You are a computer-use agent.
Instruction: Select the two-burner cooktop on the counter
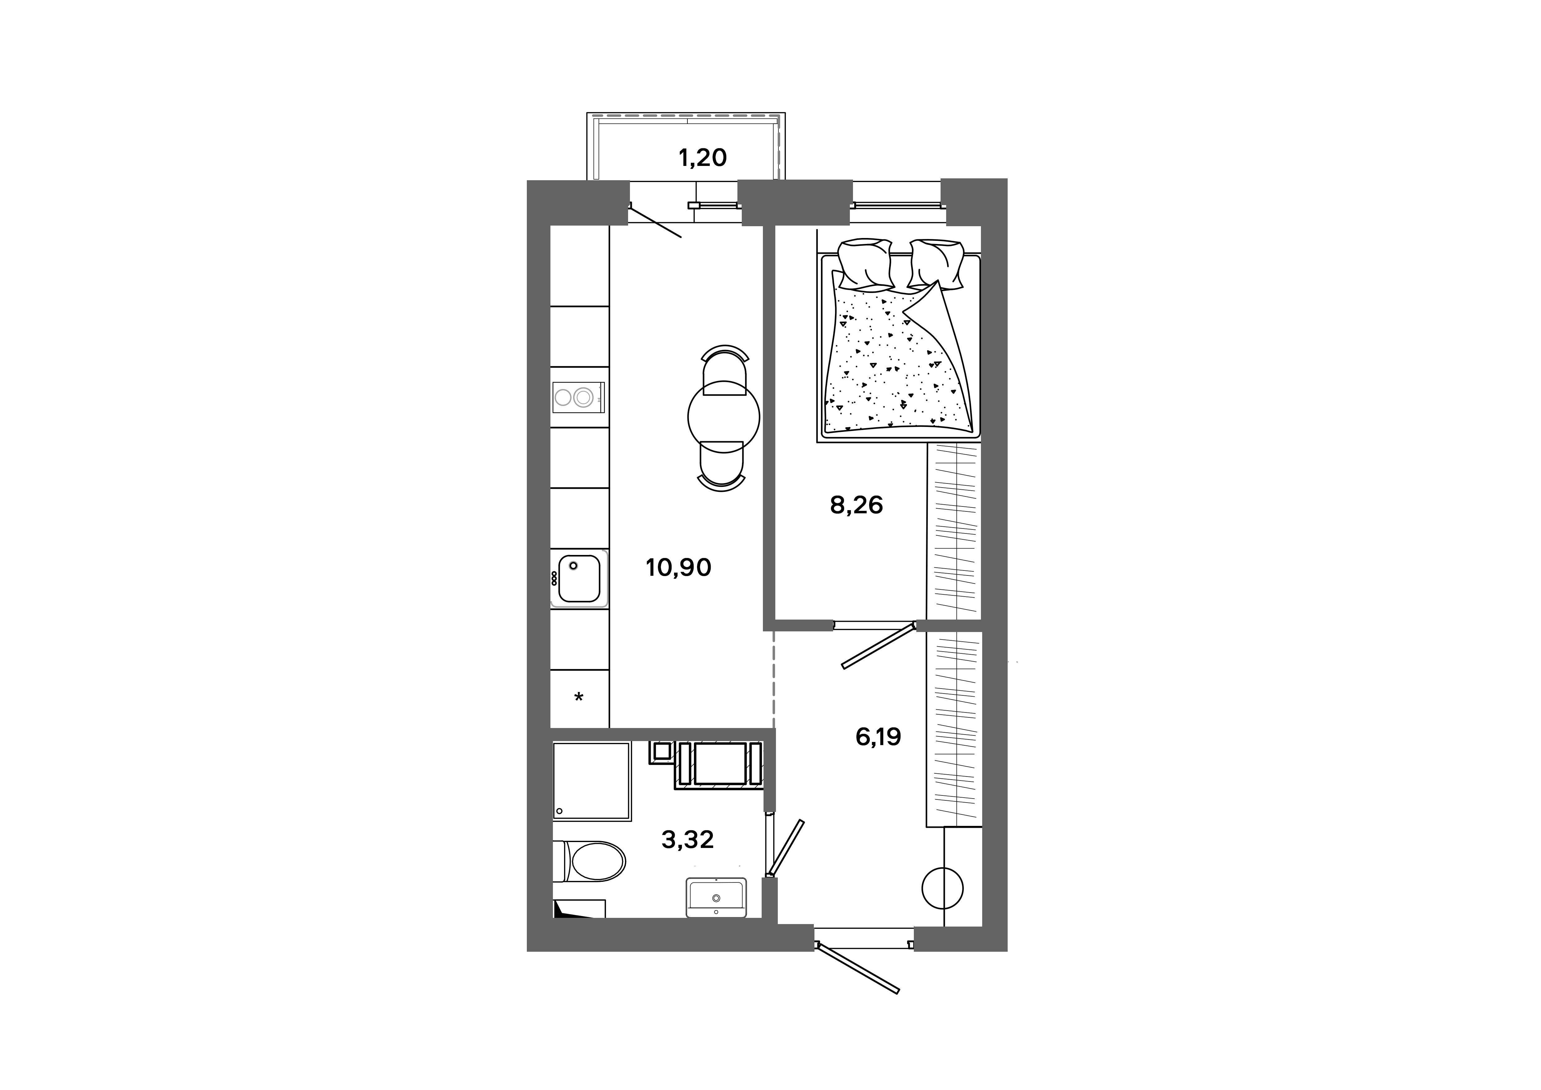578,397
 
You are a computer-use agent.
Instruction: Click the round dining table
723,418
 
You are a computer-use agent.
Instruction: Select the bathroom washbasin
715,897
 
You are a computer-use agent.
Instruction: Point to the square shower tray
592,781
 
